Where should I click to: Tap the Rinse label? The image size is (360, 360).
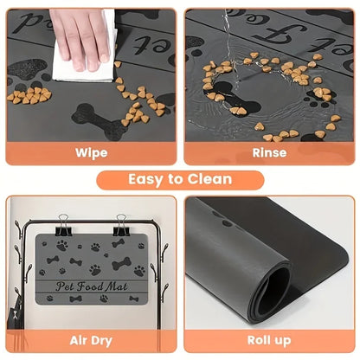[x=269, y=152]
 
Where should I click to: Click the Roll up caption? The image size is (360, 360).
[x=269, y=342]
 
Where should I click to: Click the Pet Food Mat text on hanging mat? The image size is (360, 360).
[x=89, y=285]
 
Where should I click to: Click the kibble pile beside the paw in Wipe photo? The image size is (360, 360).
[x=31, y=94]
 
